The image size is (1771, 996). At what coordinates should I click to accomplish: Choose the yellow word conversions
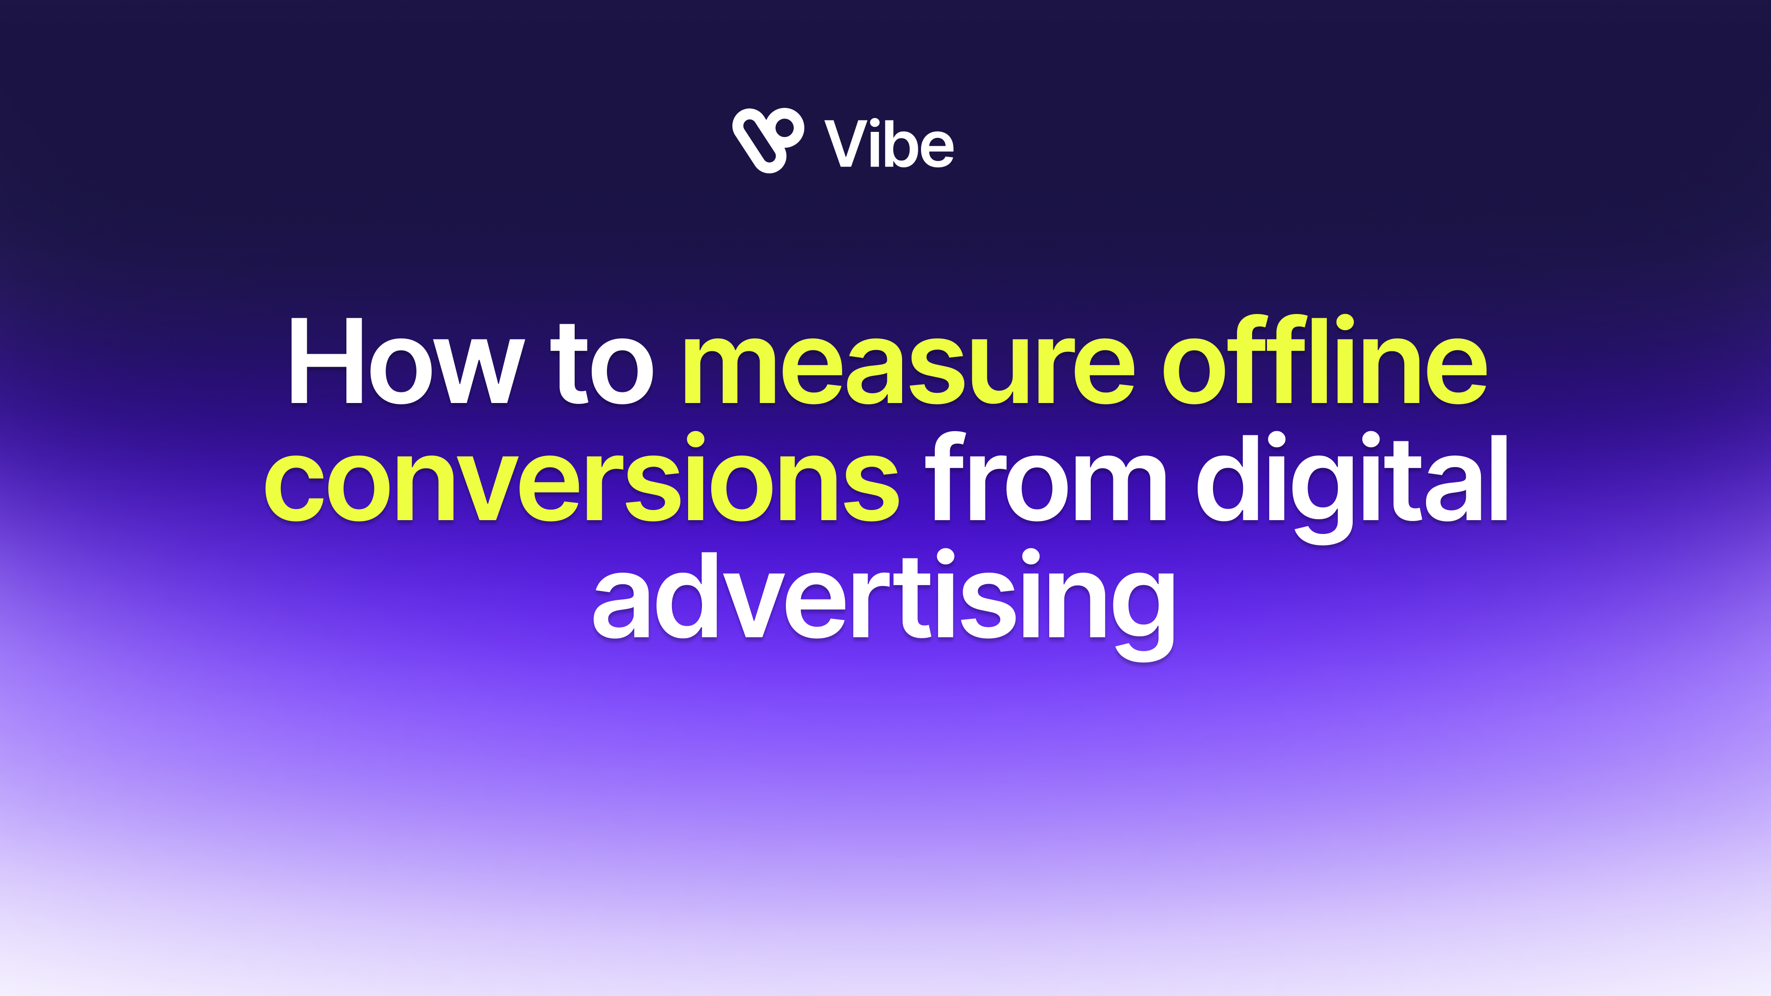pos(582,477)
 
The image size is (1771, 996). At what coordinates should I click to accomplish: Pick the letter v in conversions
pos(477,486)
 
